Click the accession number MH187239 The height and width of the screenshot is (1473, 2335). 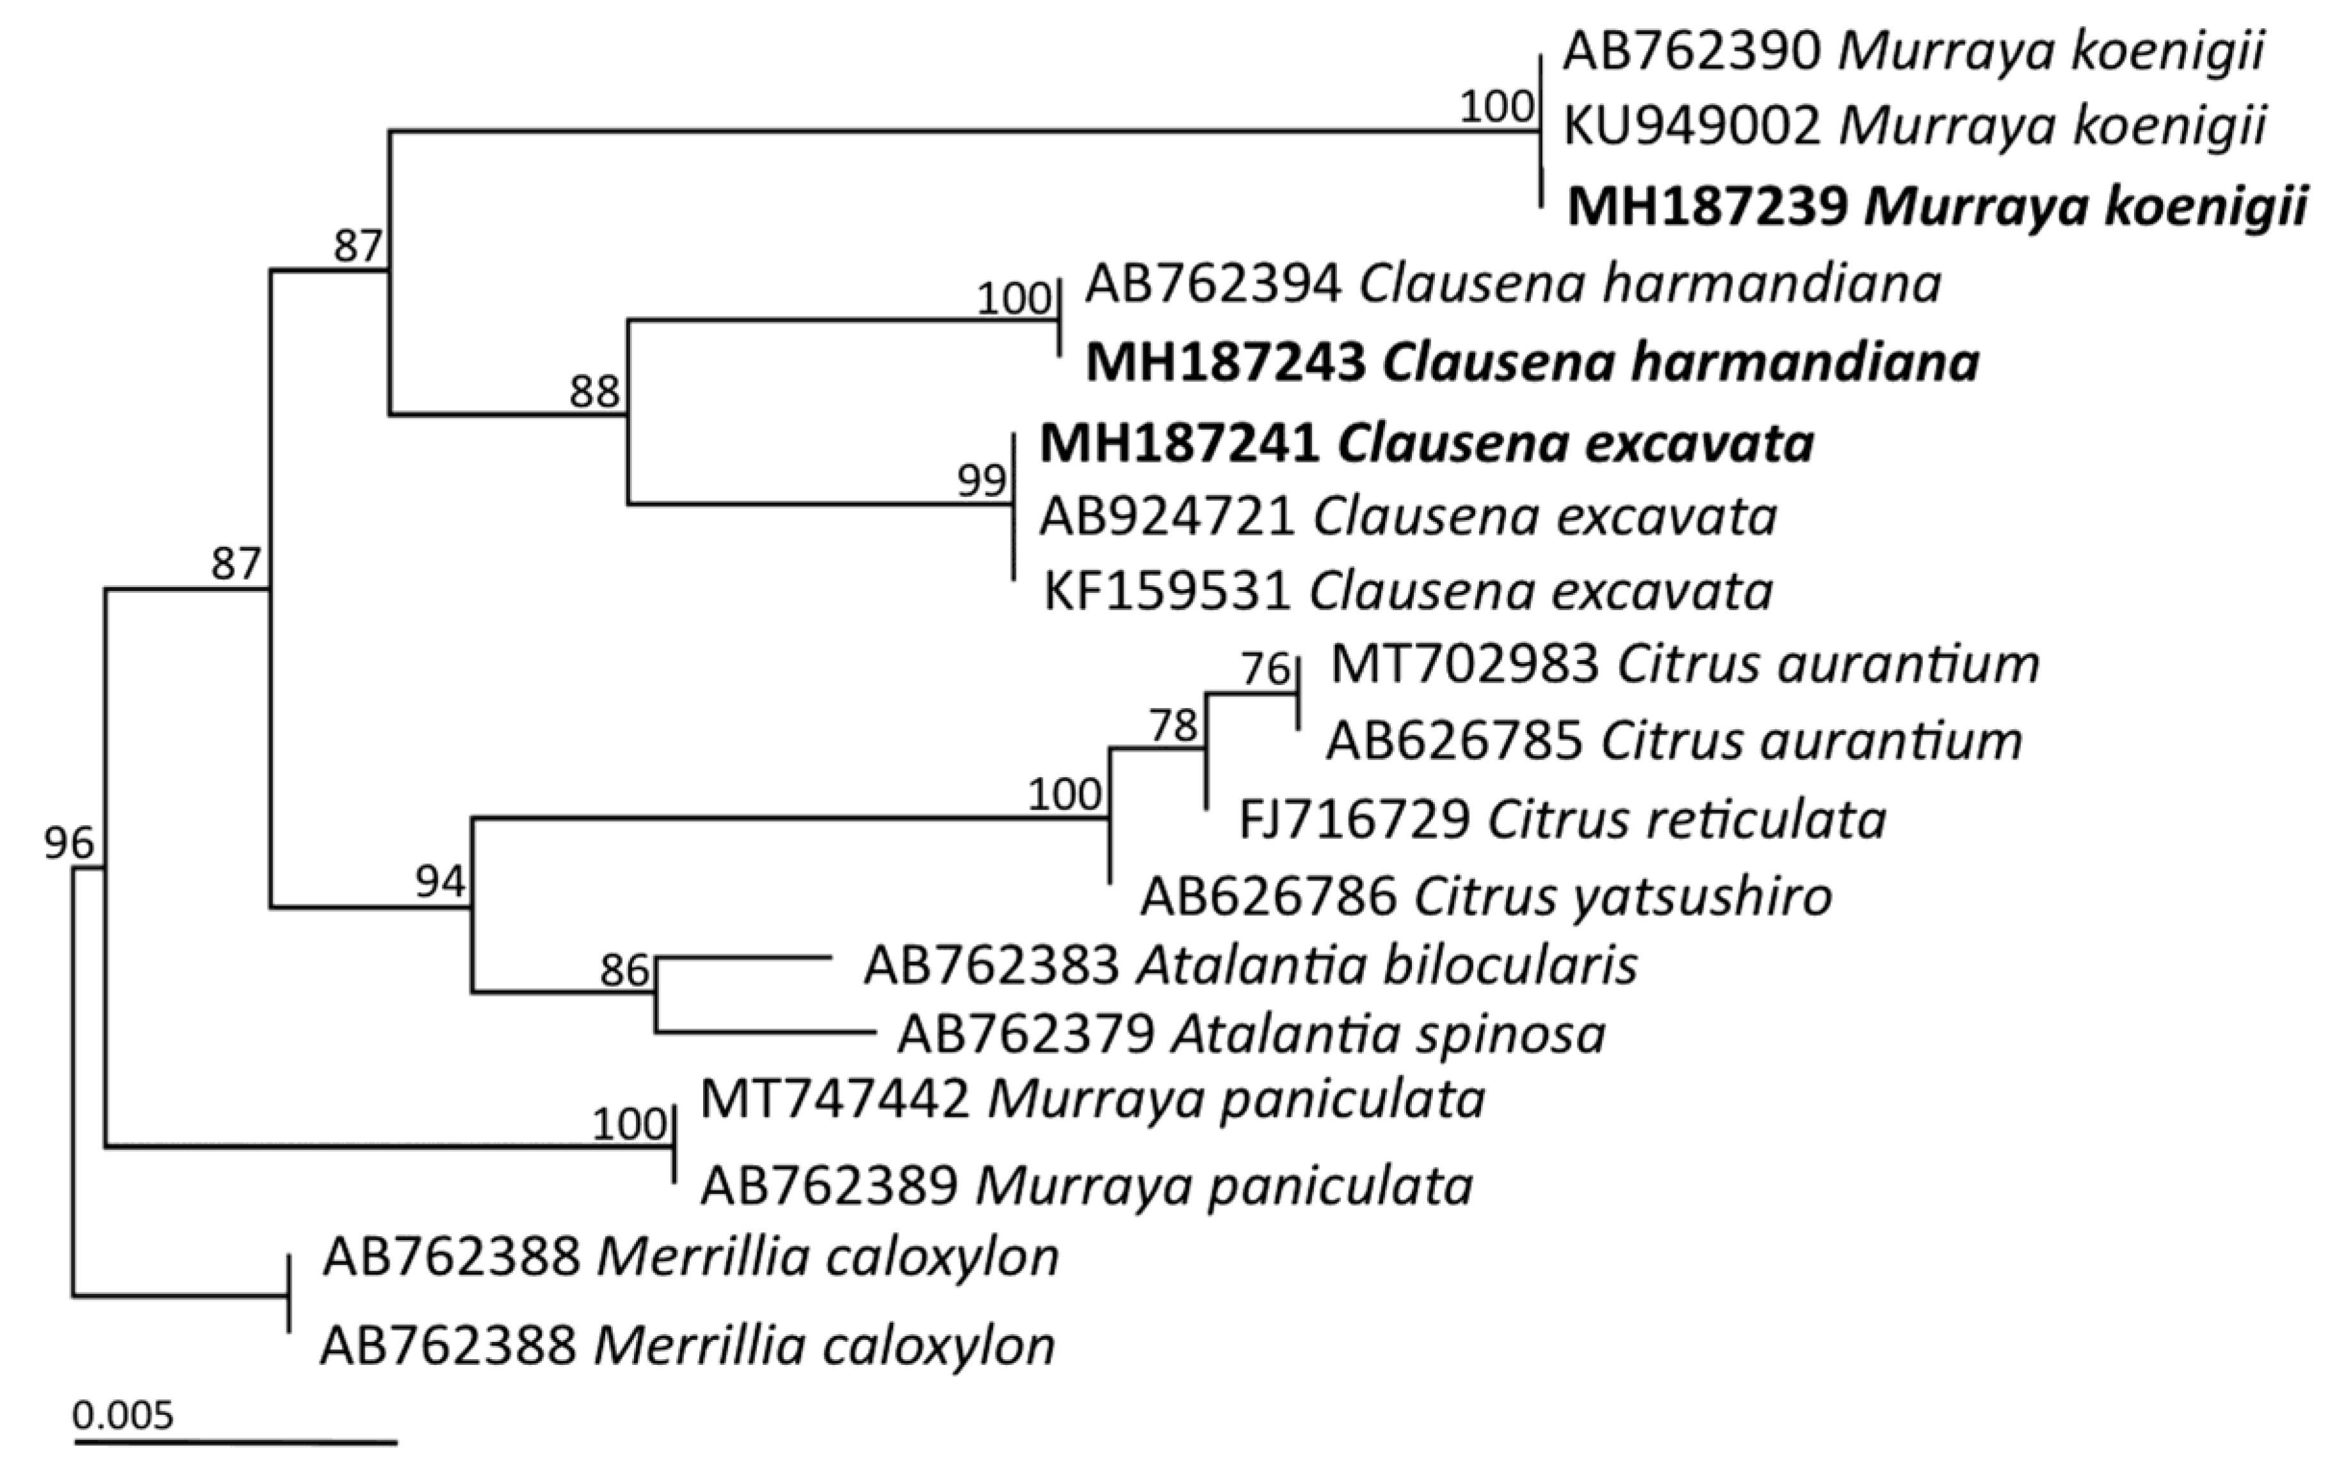coord(1707,207)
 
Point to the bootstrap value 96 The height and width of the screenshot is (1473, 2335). coord(69,844)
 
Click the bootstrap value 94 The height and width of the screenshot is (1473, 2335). coord(441,881)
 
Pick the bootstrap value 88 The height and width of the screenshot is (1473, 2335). coord(594,392)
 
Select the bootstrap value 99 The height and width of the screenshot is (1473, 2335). coord(981,480)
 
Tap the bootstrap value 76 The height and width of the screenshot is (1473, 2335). coord(1265,669)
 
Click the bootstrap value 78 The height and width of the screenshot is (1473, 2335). coord(1173,725)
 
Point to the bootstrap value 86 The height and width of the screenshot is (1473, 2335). coord(624,970)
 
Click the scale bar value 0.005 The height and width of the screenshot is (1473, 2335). coord(123,1416)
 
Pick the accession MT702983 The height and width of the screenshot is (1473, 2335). coord(1464,665)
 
